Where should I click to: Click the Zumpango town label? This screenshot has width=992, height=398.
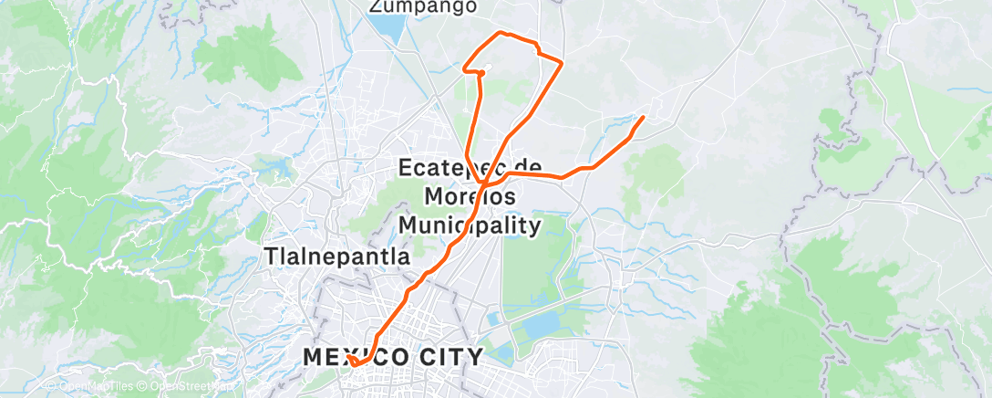(x=423, y=7)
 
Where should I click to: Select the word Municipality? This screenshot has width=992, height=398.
(x=470, y=224)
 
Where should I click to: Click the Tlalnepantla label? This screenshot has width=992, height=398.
(x=336, y=257)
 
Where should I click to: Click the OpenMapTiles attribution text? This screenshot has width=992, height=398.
(x=89, y=387)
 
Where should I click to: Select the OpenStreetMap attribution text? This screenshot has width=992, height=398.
(x=191, y=387)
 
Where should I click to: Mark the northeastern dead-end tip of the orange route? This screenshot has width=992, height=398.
(x=644, y=118)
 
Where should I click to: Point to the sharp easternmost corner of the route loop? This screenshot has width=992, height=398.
(x=561, y=62)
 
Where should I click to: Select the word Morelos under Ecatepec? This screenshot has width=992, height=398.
(x=470, y=196)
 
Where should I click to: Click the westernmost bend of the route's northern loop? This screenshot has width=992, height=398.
(x=465, y=68)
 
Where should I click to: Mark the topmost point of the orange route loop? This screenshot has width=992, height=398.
(x=499, y=33)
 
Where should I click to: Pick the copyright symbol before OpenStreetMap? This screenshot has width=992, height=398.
(x=144, y=387)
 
